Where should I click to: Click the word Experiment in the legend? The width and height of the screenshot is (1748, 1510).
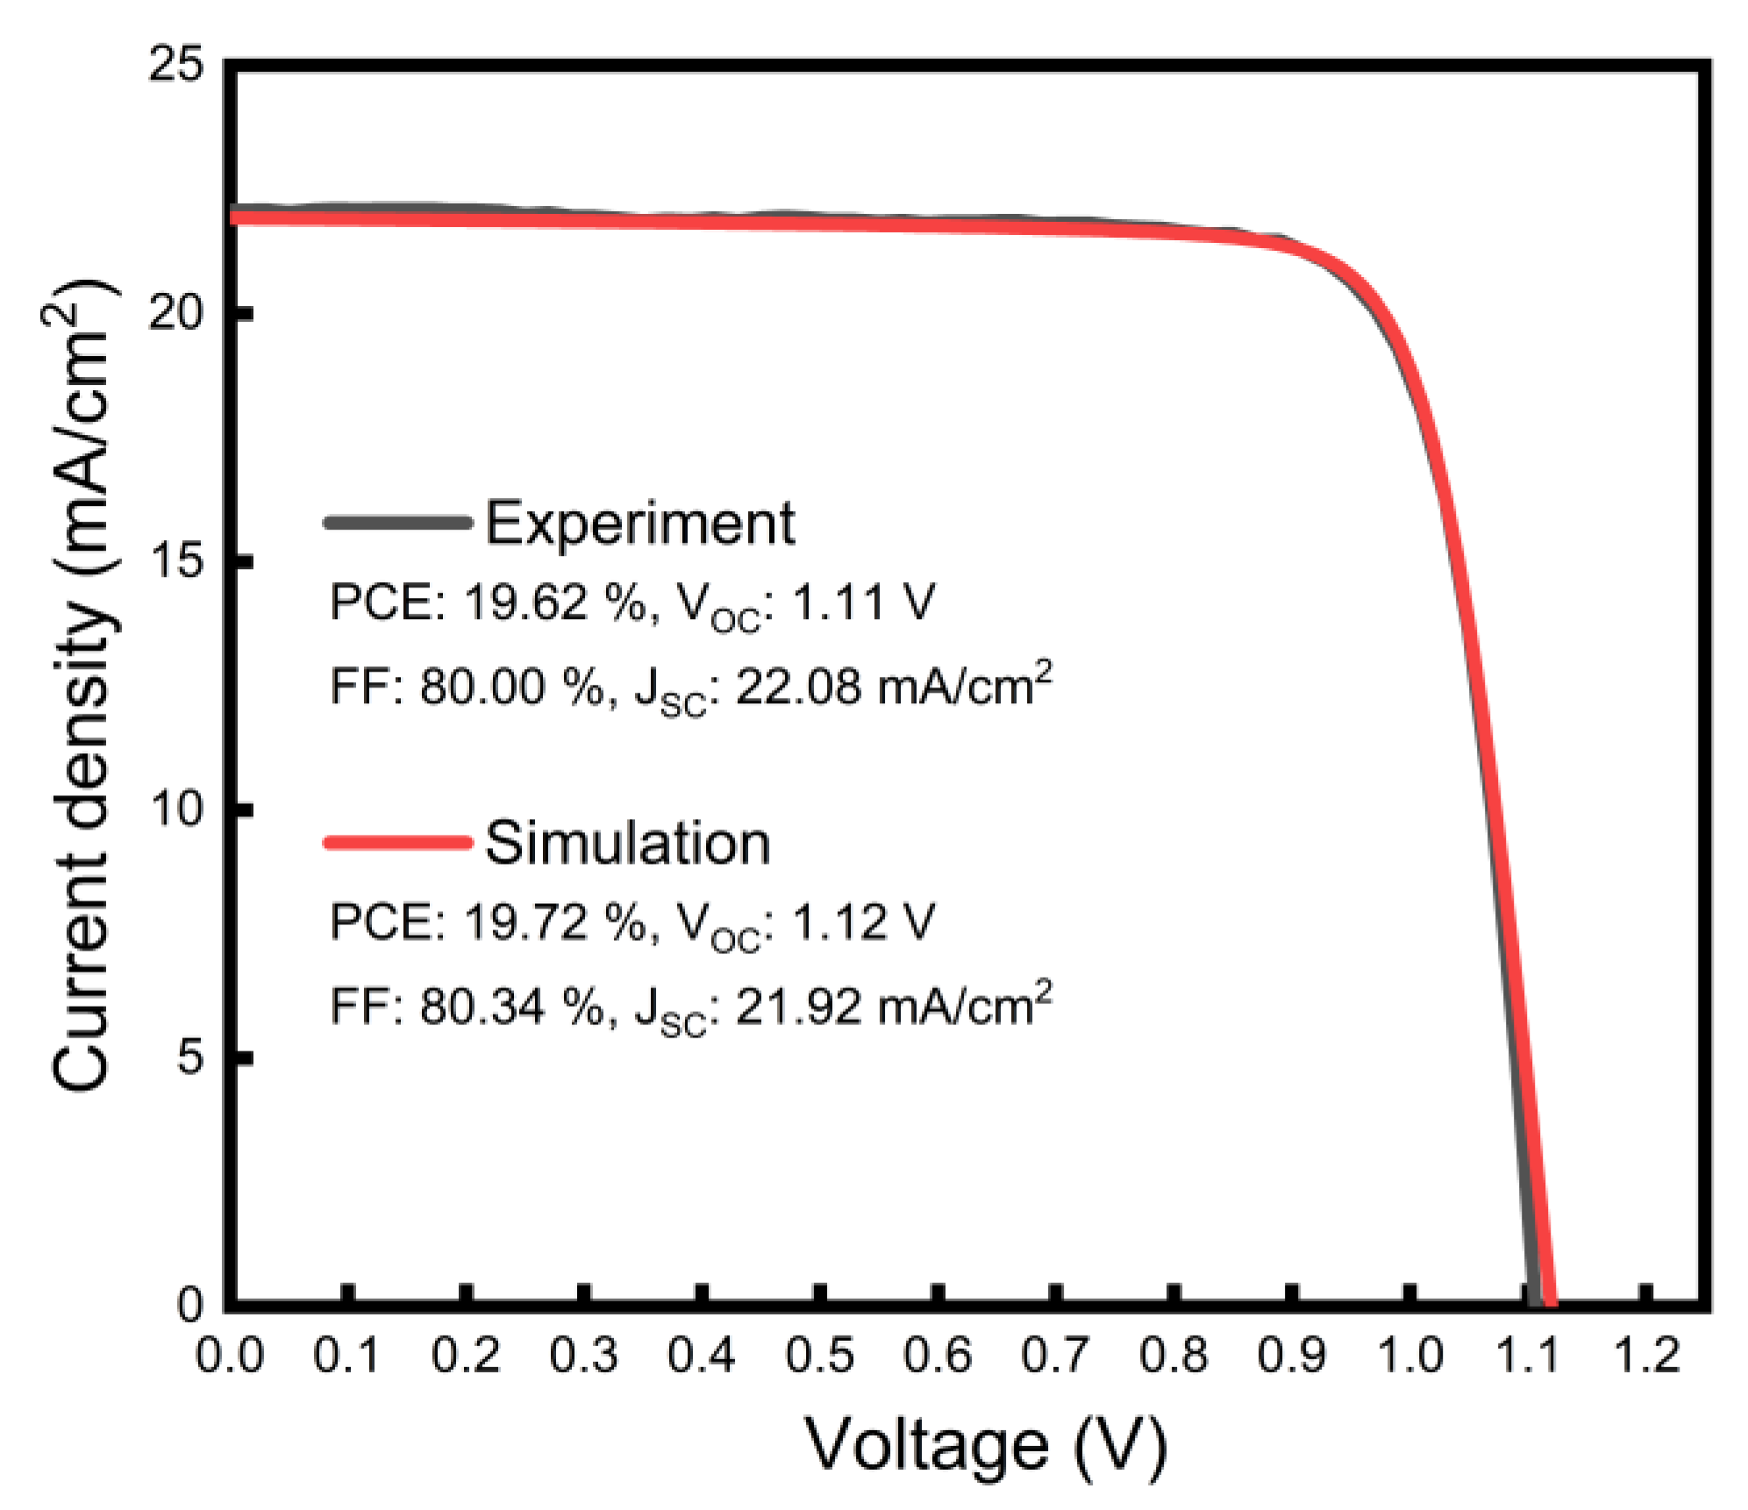(639, 524)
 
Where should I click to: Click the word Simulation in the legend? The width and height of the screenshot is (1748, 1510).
(627, 844)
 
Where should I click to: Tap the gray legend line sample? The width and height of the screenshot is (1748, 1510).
(397, 523)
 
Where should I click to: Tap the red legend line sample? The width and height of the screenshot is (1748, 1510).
(397, 843)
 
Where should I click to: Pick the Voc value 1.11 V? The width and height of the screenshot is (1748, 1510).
(863, 603)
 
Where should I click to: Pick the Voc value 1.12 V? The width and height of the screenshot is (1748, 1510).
(863, 922)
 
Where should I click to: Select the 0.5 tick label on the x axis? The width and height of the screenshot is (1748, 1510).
(818, 1355)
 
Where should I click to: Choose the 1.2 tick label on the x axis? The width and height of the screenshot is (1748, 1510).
(1646, 1355)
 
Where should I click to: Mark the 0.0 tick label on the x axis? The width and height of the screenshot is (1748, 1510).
(229, 1355)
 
